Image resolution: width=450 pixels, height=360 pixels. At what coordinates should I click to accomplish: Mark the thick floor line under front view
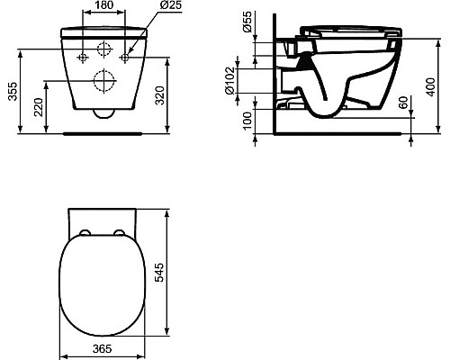click(x=103, y=131)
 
